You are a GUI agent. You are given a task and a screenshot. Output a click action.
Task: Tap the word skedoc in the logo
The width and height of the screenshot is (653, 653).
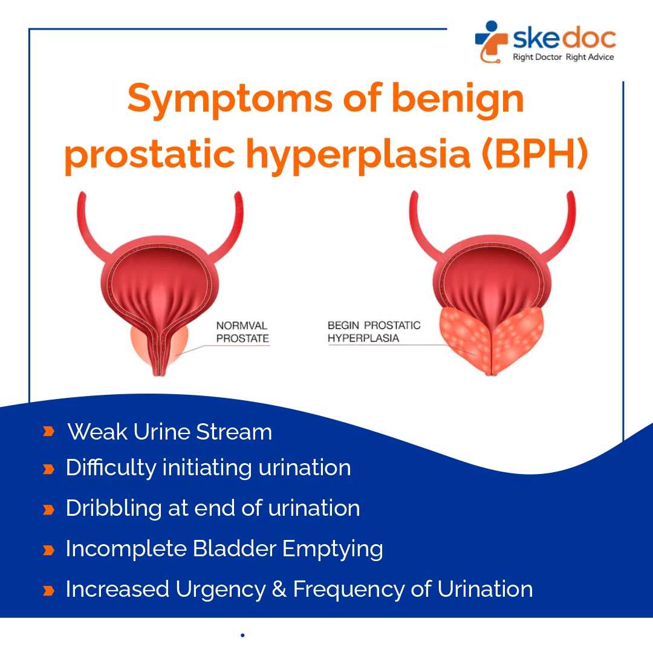coord(564,38)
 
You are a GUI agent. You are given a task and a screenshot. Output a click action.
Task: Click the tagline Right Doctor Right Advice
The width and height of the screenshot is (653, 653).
coord(563,57)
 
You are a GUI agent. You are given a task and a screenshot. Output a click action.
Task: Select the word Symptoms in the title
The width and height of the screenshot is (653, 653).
coord(230,100)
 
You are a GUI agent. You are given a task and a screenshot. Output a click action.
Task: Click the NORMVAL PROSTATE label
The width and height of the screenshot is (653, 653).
coord(242,332)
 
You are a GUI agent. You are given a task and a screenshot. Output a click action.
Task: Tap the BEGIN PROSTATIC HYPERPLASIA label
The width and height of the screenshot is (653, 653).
coord(374,331)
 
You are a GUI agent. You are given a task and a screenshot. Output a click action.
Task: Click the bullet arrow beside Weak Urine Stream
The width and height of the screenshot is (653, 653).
coord(49,431)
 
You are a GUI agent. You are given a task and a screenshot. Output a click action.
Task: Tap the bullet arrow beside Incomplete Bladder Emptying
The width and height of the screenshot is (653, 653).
coord(49,550)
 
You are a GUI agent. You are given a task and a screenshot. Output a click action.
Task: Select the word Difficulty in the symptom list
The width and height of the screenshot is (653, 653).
coord(111,467)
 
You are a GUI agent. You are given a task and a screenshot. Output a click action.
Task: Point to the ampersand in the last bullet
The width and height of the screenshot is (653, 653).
coord(279,590)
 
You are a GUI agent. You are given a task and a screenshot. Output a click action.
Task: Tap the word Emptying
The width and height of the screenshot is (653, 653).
coord(333,550)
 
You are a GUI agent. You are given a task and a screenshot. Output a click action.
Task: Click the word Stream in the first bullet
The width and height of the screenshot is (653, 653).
coord(234,432)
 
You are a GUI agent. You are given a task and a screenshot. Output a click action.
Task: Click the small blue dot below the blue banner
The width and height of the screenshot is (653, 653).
coord(242,635)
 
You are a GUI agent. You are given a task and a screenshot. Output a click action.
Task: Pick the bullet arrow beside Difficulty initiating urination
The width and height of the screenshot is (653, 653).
coord(49,469)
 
